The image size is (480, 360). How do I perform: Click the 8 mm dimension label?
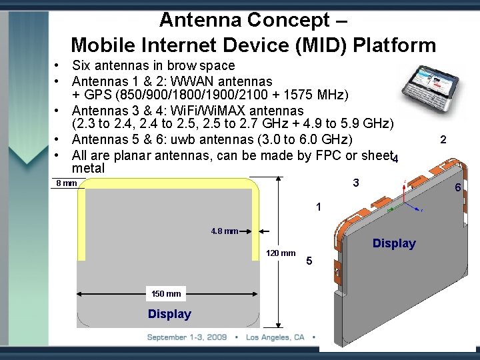[x=66, y=183]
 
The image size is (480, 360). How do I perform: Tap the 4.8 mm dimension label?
[x=225, y=232]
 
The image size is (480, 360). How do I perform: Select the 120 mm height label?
[x=281, y=253]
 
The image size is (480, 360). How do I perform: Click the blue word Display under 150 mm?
[x=169, y=314]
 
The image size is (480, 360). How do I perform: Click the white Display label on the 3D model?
[x=393, y=243]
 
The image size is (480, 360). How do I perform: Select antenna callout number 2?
[x=443, y=139]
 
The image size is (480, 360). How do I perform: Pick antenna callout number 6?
[x=457, y=189]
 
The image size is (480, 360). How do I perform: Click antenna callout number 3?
[x=356, y=183]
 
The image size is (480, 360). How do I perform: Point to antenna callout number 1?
[x=319, y=207]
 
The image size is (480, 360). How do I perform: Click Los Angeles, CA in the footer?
[x=275, y=337]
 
